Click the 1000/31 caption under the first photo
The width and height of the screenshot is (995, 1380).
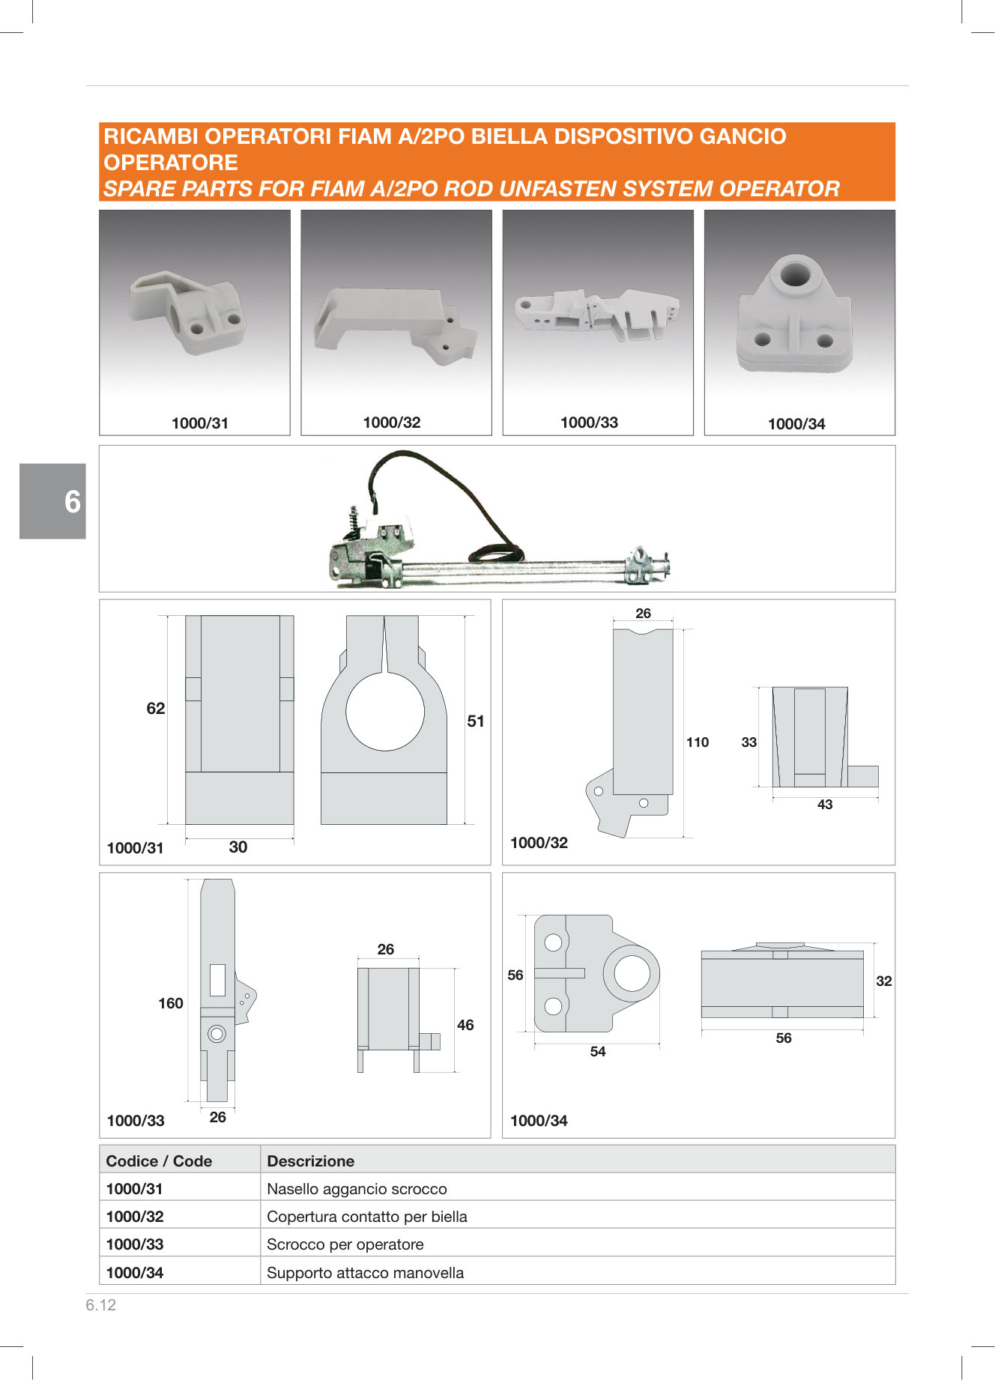200,423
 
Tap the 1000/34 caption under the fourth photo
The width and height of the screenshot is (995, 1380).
796,424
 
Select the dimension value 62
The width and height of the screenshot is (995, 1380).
156,709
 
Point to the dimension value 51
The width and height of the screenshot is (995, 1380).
476,721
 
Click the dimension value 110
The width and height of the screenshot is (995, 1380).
698,742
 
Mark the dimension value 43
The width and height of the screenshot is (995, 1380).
825,805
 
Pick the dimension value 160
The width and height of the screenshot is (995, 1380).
171,1003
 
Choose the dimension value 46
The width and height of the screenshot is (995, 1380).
465,1025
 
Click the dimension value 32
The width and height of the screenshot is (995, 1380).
884,981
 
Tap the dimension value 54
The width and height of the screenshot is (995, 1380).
598,1052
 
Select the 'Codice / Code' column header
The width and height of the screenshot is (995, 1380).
159,1161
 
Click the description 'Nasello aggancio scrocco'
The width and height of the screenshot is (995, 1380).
357,1189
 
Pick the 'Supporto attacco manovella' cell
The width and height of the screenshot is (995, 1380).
365,1273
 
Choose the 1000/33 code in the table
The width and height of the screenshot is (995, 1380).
135,1244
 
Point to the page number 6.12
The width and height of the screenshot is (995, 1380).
101,1305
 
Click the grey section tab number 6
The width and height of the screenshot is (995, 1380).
73,502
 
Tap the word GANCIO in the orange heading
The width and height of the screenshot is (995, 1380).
743,136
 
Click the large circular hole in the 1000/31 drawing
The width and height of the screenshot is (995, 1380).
385,711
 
